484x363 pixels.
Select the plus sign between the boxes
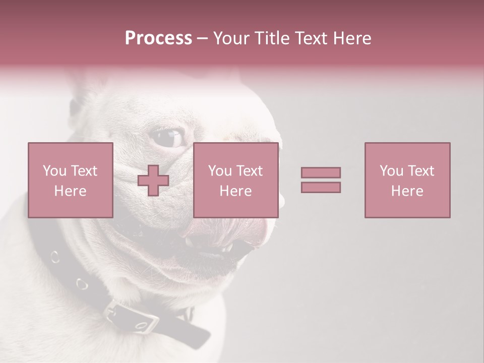[153, 180]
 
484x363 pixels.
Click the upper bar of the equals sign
[321, 172]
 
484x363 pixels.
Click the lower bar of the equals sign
[321, 187]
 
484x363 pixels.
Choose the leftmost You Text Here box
[71, 180]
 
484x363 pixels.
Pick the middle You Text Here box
[235, 180]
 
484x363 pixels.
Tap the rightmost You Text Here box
[407, 180]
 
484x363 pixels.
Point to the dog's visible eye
[168, 137]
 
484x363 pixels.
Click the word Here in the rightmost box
[407, 191]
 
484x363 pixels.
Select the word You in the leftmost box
[53, 171]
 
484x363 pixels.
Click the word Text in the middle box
[250, 171]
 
